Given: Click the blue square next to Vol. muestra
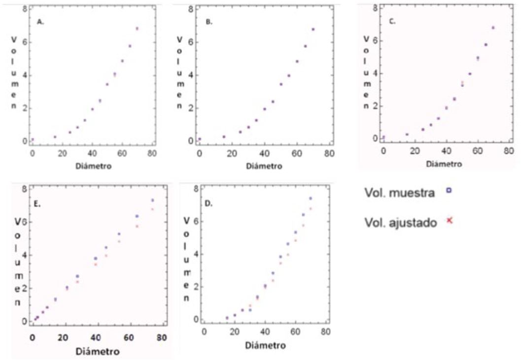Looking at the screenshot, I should coord(449,190).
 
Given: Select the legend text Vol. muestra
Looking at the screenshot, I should coord(400,193).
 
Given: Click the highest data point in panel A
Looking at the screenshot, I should coord(138,29).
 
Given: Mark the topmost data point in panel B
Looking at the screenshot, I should coord(313,30).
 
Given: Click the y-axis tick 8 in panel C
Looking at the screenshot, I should coord(375,8).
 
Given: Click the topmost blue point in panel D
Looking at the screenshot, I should coord(311,198).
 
